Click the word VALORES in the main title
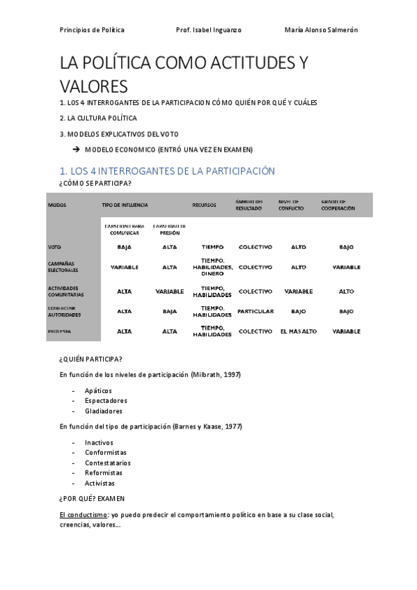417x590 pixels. [94, 87]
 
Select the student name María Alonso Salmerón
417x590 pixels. [321, 30]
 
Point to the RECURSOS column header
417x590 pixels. [204, 205]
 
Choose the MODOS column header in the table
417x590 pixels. [57, 205]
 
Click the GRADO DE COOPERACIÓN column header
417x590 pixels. [338, 205]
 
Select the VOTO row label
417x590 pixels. [55, 247]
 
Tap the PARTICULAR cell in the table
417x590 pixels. [255, 311]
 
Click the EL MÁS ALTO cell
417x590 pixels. [298, 331]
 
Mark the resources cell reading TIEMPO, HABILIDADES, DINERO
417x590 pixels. [212, 266]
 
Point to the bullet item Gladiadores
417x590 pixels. [103, 411]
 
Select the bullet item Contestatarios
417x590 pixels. [108, 463]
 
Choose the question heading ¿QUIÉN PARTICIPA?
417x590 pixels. [91, 359]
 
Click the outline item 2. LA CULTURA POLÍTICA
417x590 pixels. [98, 118]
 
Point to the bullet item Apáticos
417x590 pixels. [98, 391]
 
